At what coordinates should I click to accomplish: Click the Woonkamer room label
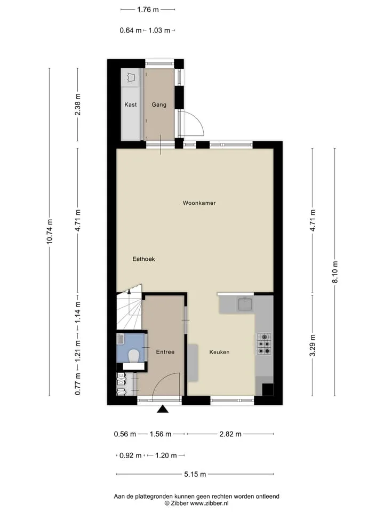coord(199,203)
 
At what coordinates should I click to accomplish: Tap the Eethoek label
coord(143,259)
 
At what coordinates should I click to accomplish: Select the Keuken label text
coord(219,352)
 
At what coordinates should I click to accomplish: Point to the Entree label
coord(165,351)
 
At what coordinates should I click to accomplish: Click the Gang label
coord(159,105)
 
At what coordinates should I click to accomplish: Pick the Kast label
coord(131,105)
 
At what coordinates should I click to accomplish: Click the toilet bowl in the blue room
coord(133,356)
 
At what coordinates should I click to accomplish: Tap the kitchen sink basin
coord(245,305)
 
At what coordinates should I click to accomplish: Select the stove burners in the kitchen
coord(264,344)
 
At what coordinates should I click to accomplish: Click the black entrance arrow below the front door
coord(163,409)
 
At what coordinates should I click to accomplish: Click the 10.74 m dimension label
coord(49,231)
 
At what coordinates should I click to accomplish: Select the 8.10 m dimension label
coord(335,273)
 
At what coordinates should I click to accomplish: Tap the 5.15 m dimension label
coord(195,474)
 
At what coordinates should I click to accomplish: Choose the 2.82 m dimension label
coord(230,434)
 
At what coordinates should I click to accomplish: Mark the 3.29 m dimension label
coord(313,346)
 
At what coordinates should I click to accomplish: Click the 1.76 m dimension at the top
coord(148,10)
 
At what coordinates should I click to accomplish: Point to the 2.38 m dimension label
coord(78,104)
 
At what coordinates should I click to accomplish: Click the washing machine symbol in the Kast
coord(131,78)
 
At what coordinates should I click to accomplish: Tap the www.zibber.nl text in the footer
coord(209,503)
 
